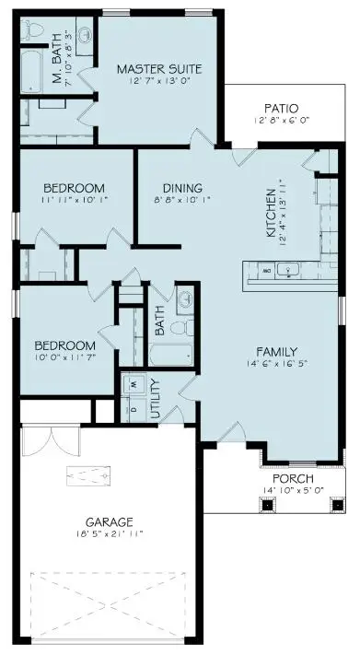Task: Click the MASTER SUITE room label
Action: [158, 69]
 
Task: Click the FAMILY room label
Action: [276, 351]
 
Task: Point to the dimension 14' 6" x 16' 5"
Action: [276, 365]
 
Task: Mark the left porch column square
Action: [268, 505]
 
